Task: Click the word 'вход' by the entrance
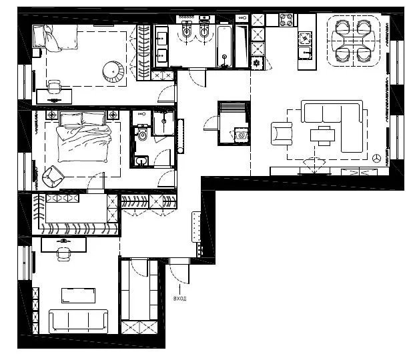(x=180, y=298)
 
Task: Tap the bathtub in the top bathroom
(x=224, y=47)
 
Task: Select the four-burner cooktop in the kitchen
(x=286, y=20)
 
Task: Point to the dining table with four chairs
(x=354, y=41)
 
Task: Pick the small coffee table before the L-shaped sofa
(x=323, y=135)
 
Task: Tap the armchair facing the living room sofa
(x=282, y=133)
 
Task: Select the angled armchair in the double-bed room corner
(x=53, y=177)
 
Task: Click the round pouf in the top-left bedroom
(x=113, y=71)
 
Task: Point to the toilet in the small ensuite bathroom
(x=142, y=133)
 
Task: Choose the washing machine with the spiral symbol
(x=242, y=135)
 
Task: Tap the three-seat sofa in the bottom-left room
(x=78, y=321)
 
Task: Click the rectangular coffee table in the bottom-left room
(x=78, y=295)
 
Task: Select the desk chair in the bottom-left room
(x=63, y=254)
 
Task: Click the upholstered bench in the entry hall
(x=196, y=227)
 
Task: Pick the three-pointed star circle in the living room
(x=377, y=158)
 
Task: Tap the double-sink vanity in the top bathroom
(x=161, y=47)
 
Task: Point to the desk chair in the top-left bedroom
(x=54, y=87)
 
